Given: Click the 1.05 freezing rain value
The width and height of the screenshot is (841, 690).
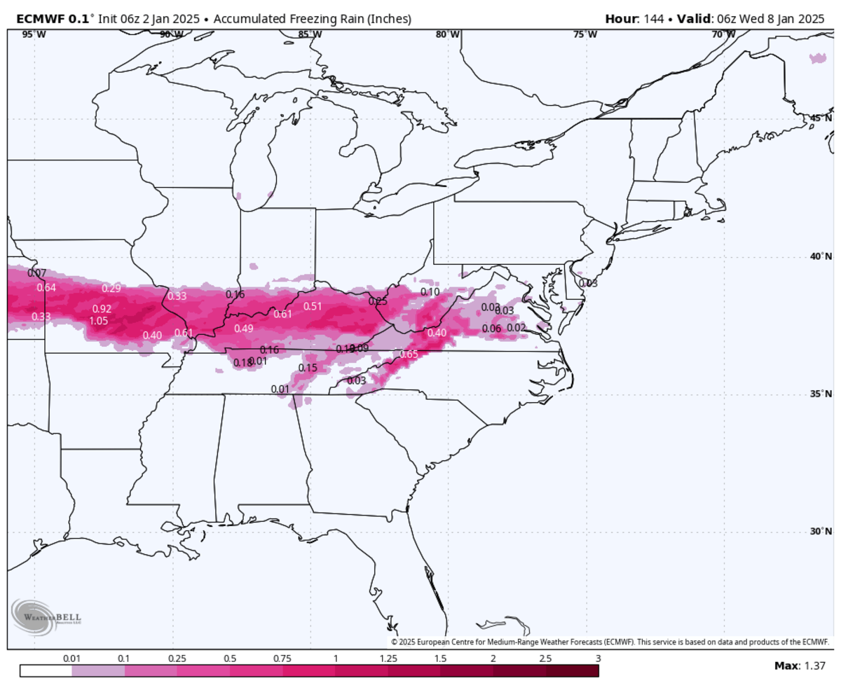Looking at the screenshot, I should tap(98, 321).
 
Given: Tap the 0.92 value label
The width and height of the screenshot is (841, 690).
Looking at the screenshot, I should tap(102, 309).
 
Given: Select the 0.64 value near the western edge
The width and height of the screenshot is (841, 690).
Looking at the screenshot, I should tap(46, 287).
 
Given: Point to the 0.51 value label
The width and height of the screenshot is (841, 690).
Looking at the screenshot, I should tap(313, 306).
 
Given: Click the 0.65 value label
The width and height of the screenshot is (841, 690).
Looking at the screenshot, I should tap(409, 354).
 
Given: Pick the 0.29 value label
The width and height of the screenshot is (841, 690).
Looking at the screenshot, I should tap(111, 288).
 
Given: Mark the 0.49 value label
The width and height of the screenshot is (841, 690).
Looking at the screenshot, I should tap(244, 329).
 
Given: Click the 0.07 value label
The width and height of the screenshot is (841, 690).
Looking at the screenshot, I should tap(37, 272).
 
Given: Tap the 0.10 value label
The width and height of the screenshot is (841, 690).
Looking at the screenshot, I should tap(430, 291).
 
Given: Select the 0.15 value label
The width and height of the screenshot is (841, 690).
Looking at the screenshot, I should tap(308, 368).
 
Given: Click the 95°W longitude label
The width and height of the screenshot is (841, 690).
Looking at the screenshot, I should tap(29, 34).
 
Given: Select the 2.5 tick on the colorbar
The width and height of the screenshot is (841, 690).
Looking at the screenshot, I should tap(545, 658).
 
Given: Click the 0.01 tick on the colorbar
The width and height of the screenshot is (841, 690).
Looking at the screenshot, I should tap(71, 658).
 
